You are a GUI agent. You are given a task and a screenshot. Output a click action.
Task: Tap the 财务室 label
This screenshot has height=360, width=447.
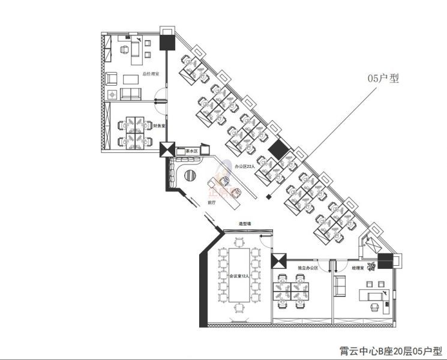[x=160, y=126]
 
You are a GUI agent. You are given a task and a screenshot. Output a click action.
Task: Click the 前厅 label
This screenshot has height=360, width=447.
[x=212, y=202]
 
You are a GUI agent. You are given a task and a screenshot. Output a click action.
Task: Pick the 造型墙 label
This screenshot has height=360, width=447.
[x=245, y=224]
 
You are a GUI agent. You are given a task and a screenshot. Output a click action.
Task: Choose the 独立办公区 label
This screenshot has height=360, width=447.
[x=307, y=267]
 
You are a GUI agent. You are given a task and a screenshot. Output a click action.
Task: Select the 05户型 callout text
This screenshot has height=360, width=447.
[x=383, y=78]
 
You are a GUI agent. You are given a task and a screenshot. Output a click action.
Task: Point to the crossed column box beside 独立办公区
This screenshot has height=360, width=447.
[x=279, y=261]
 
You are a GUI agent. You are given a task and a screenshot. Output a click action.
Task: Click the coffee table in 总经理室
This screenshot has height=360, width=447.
[x=131, y=78]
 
